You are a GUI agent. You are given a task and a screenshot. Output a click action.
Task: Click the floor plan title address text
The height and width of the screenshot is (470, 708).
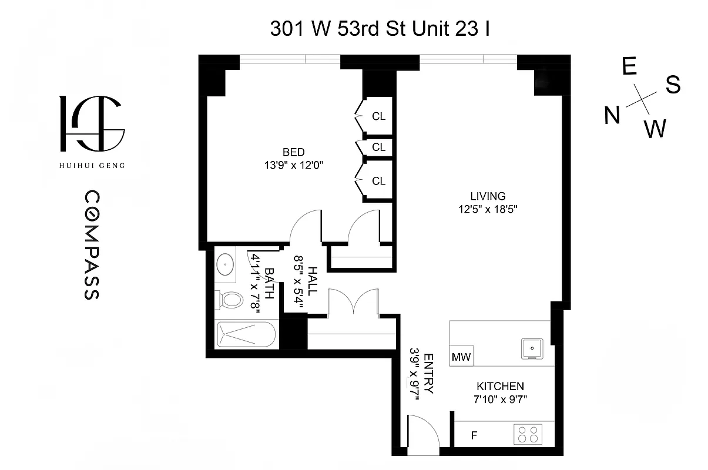pos(380,29)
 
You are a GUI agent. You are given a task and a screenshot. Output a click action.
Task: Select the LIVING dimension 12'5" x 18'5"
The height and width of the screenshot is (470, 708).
pos(487,209)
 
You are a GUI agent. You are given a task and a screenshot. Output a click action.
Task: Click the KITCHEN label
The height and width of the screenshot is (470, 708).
pos(500,386)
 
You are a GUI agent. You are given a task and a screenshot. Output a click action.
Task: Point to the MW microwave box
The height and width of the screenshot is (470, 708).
pos(461,357)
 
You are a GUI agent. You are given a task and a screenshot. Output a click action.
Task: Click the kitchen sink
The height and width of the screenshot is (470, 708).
pos(531,348)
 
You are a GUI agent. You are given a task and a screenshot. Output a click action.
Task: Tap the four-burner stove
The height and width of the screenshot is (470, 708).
pos(526,434)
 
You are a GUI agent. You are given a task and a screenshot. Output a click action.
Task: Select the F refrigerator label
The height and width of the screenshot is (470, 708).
pos(474,435)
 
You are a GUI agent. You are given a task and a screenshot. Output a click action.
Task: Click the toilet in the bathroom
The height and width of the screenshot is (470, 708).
pos(230,300)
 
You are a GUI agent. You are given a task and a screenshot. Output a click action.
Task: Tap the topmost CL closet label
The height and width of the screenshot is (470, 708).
pos(379,116)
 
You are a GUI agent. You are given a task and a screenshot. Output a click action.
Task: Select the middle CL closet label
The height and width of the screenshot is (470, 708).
pos(379,147)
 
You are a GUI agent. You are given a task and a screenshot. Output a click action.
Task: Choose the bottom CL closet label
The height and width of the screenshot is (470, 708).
pos(379,181)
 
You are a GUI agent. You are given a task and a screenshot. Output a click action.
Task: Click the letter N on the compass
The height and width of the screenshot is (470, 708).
pos(612,116)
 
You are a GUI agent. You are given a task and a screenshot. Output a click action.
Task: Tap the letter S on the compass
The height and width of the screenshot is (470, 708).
pos(673,86)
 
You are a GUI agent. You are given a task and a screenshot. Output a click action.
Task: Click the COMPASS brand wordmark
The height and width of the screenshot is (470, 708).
pos(92,245)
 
